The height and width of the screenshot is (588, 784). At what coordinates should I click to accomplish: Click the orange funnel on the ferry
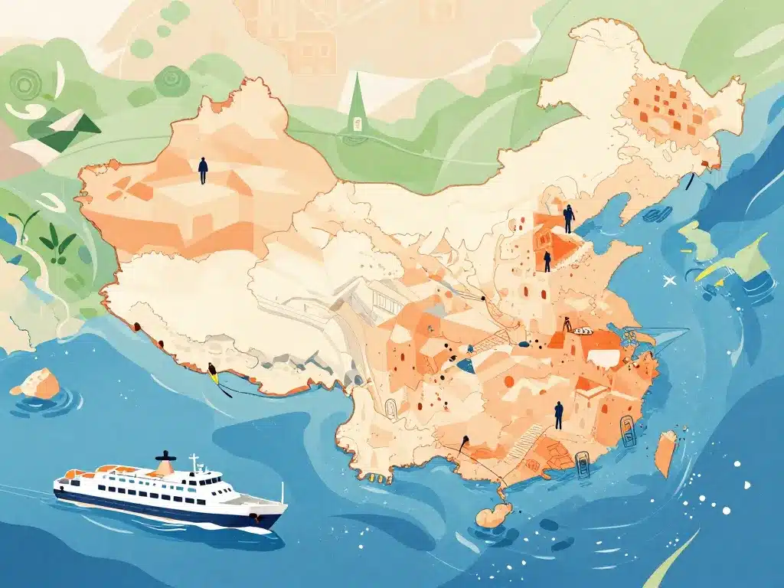pyautogui.click(x=164, y=463)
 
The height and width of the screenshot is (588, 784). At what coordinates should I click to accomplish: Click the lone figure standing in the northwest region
pyautogui.click(x=203, y=170)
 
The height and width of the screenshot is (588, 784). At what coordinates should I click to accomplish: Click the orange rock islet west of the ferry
pyautogui.click(x=36, y=383)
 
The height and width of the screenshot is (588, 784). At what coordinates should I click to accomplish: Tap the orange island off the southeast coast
pyautogui.click(x=666, y=452)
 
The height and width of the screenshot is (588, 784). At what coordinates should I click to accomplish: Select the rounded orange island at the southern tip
pyautogui.click(x=494, y=514)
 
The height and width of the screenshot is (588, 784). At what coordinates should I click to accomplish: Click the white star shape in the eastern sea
pyautogui.click(x=671, y=281)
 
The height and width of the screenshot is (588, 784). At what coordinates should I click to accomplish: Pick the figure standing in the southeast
pyautogui.click(x=559, y=414)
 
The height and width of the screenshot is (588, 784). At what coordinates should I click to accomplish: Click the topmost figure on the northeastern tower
pyautogui.click(x=568, y=218)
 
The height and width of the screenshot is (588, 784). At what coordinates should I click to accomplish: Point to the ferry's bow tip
pyautogui.click(x=285, y=507)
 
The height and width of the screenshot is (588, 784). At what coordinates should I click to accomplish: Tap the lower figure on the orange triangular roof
pyautogui.click(x=547, y=261)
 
